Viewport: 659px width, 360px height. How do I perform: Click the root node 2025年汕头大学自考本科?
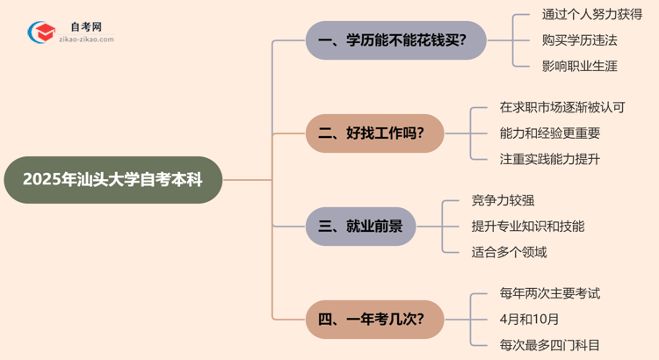pyautogui.click(x=112, y=180)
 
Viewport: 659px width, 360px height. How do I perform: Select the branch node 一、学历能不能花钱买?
pyautogui.click(x=395, y=40)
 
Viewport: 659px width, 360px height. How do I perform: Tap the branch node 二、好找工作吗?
pyautogui.click(x=375, y=133)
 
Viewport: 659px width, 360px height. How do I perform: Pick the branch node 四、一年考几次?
pyautogui.click(x=375, y=319)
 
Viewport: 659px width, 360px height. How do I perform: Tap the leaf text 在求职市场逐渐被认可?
pyautogui.click(x=561, y=108)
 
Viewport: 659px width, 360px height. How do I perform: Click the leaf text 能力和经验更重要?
pyautogui.click(x=549, y=133)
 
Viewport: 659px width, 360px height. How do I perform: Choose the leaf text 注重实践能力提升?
pyautogui.click(x=549, y=159)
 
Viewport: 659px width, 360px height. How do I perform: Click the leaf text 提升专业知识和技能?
pyautogui.click(x=528, y=226)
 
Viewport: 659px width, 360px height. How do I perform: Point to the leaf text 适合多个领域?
pyautogui.click(x=510, y=252)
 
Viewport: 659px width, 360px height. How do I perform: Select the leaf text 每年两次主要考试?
pyautogui.click(x=536, y=293)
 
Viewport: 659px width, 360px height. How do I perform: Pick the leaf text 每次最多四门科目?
pyautogui.click(x=536, y=345)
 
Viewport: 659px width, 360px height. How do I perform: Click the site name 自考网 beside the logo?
pyautogui.click(x=83, y=27)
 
